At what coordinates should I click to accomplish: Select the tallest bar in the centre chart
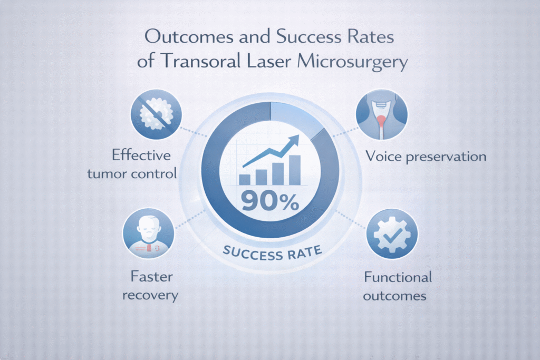(x=295, y=170)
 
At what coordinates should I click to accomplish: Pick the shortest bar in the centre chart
(x=245, y=179)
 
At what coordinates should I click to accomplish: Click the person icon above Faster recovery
(x=149, y=232)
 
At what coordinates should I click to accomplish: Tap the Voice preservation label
(x=425, y=157)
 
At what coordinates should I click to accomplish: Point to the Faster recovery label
(x=150, y=286)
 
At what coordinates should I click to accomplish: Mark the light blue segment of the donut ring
(x=293, y=117)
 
